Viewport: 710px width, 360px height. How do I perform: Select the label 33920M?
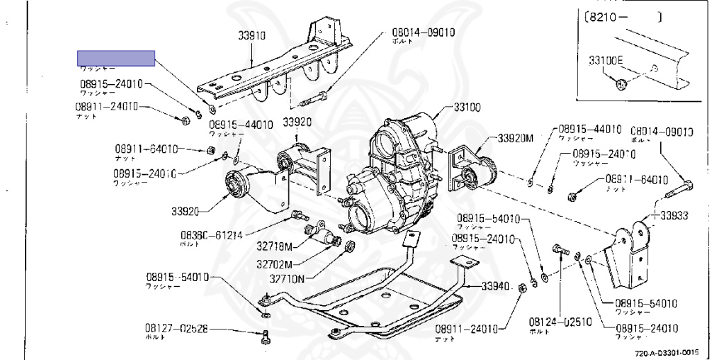(x=515, y=137)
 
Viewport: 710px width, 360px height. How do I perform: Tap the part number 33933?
(x=674, y=216)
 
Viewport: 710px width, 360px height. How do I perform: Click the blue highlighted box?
(x=116, y=58)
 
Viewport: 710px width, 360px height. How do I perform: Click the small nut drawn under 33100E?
(x=622, y=84)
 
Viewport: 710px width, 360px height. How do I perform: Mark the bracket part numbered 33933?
(x=630, y=257)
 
